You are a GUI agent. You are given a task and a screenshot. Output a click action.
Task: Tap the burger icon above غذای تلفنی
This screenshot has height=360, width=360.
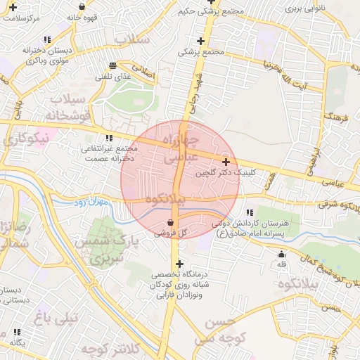[113, 65]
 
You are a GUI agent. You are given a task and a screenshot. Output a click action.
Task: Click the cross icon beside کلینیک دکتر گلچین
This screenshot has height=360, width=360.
[225, 162]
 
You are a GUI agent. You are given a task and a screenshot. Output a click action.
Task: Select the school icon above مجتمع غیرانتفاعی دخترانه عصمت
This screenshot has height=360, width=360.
[108, 139]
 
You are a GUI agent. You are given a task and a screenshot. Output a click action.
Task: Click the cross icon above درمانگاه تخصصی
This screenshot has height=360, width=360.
[180, 264]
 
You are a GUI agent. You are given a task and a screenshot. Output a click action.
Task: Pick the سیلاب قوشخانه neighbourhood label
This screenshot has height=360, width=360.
[67, 105]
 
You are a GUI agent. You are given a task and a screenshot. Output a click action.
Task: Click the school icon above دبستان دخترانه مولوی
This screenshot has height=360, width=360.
[46, 40]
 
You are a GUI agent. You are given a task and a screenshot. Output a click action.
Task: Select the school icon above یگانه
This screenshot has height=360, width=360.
[17, 332]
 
